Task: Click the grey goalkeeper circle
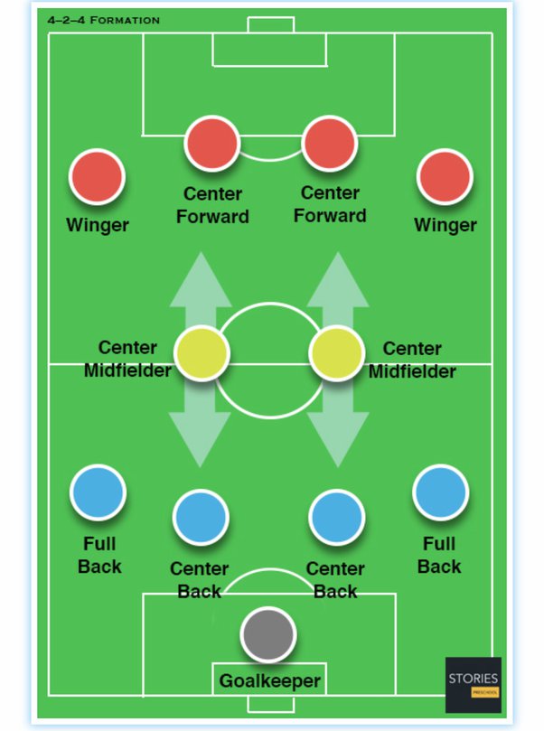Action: point(268,634)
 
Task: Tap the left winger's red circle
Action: point(98,177)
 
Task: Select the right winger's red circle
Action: point(445,177)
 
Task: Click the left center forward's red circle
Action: point(212,143)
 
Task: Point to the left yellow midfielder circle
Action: point(201,353)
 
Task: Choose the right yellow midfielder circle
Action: point(337,353)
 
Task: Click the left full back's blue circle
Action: point(98,492)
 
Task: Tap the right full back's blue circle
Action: point(440,492)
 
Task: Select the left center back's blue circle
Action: point(201,518)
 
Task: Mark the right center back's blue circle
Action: point(336,518)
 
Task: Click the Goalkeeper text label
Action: point(270,680)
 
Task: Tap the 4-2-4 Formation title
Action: point(104,20)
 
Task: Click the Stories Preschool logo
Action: point(473,684)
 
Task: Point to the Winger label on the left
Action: point(98,225)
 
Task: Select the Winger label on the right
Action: point(445,225)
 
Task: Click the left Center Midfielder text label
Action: point(127,359)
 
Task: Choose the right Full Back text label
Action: point(439,556)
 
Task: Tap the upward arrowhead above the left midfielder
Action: point(201,276)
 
